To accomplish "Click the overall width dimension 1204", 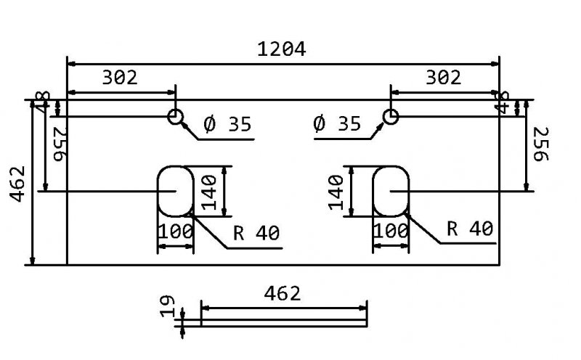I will pyautogui.click(x=282, y=49).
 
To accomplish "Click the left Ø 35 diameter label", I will pyautogui.click(x=227, y=125).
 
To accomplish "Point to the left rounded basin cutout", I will pyautogui.click(x=176, y=191).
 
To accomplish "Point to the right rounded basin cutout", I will pyautogui.click(x=391, y=191).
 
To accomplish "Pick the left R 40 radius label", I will pyautogui.click(x=256, y=232).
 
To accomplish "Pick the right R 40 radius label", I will pyautogui.click(x=470, y=229).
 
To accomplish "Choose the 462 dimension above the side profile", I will pyautogui.click(x=282, y=293).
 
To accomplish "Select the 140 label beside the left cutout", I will pyautogui.click(x=210, y=192).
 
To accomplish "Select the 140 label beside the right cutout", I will pyautogui.click(x=336, y=192).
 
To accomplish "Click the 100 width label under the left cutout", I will pyautogui.click(x=175, y=232).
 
